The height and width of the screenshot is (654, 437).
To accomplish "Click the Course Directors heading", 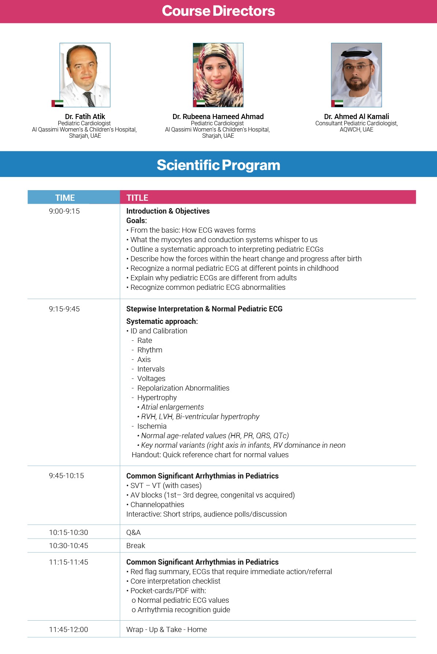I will point(218,11).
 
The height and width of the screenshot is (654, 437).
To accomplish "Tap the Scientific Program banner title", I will point(218,165).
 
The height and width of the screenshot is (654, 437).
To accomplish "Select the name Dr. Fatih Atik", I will point(85,117).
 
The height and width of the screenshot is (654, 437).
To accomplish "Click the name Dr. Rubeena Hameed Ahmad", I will point(218,117).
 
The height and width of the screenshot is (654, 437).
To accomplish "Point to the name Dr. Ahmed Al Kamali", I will point(356,117).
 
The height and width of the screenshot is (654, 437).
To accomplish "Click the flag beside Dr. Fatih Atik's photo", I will point(58,103).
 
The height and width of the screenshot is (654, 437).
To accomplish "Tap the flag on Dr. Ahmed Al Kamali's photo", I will point(337,103).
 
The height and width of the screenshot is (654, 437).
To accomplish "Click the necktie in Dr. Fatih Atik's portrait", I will point(89,99).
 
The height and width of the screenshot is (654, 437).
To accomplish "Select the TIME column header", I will point(65,198).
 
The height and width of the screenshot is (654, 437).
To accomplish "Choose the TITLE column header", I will point(137,198).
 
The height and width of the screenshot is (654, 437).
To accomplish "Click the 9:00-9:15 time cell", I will point(64,211).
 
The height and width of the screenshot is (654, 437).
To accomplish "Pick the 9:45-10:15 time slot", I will point(66,476).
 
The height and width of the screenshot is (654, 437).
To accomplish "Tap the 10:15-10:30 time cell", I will point(69,532).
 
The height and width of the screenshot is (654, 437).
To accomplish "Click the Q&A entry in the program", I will point(133,532).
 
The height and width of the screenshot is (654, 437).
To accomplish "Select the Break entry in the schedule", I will point(136,546).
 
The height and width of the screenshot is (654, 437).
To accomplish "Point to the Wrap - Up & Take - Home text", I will point(166,629).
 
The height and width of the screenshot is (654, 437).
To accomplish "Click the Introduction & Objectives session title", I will point(168,211).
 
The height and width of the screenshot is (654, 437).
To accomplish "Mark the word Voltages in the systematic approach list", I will point(151,378).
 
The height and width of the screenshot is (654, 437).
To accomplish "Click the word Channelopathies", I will point(157,505).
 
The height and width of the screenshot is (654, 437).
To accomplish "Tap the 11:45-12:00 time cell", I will point(69,629).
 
